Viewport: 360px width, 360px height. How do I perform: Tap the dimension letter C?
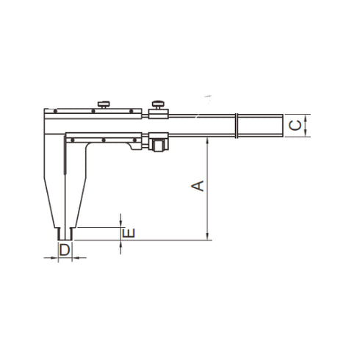pos(295,125)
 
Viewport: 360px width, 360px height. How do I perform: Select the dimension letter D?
pos(65,250)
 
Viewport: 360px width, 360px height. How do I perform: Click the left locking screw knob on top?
pos(104,104)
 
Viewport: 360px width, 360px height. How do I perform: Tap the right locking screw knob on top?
pos(158,103)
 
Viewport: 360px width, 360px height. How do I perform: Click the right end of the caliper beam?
pos(281,125)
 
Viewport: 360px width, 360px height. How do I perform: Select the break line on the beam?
pos(237,126)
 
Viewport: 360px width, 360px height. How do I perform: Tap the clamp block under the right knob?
pos(158,113)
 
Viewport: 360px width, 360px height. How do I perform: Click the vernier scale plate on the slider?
pos(103,136)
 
